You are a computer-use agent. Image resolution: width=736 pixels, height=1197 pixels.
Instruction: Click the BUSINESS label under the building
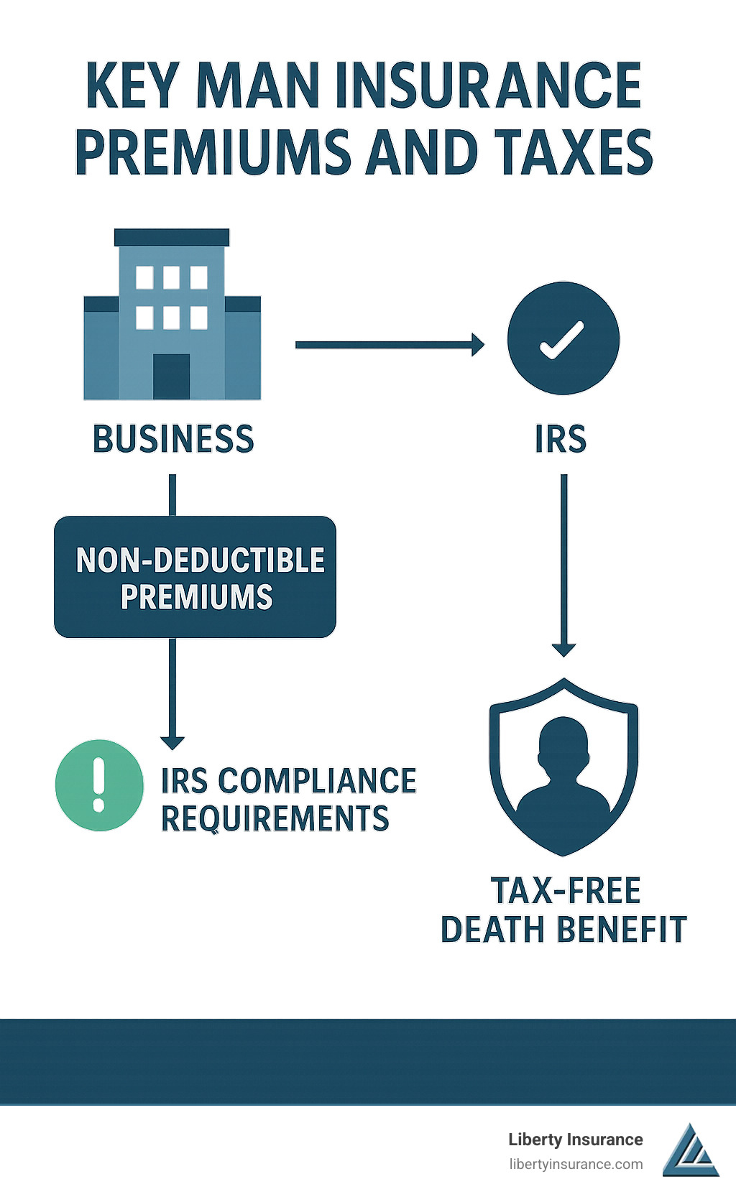[x=173, y=439]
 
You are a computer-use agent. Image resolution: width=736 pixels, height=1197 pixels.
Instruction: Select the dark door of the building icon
[x=171, y=376]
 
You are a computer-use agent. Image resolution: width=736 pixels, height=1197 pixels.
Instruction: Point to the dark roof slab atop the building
[x=172, y=237]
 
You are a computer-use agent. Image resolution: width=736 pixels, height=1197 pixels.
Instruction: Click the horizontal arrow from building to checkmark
[x=389, y=345]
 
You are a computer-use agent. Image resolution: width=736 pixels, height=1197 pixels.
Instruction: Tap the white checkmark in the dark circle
[x=563, y=339]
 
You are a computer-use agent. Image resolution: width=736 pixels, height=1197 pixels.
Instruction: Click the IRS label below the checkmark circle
[x=561, y=439]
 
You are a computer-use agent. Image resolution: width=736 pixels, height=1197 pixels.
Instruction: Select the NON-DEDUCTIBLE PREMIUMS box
[x=195, y=577]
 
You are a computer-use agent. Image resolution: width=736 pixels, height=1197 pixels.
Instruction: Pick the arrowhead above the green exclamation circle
[x=172, y=741]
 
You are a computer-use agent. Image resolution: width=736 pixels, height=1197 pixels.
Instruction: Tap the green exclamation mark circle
[x=99, y=785]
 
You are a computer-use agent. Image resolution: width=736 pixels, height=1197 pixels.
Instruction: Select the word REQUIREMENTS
[x=275, y=818]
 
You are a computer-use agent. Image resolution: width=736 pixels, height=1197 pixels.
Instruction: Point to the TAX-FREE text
[x=566, y=891]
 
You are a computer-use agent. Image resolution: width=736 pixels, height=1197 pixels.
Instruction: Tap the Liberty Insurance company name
[x=575, y=1140]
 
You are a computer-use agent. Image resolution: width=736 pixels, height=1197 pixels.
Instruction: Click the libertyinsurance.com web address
[x=575, y=1164]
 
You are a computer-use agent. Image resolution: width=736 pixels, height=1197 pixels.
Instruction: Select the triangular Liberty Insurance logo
[x=690, y=1151]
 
